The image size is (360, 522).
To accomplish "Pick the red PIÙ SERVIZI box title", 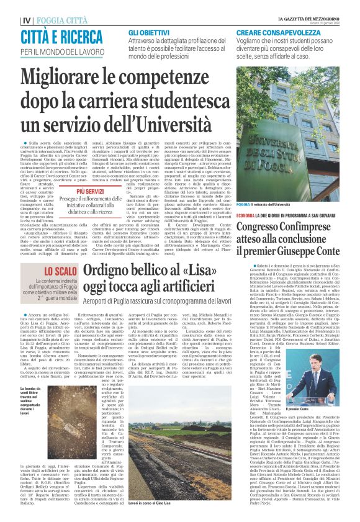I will [x=90, y=192].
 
